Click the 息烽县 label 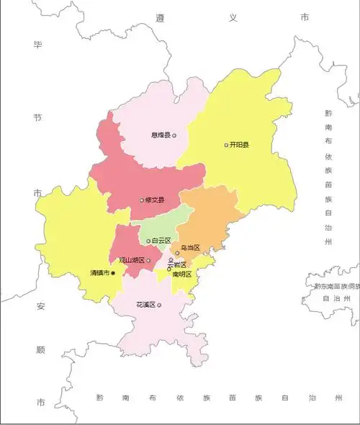(160, 135)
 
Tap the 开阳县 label (239, 145)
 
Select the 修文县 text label (155, 200)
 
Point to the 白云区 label (161, 241)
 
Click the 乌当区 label (190, 248)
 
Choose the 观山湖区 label (132, 260)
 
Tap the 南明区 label (182, 274)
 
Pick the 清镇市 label (99, 273)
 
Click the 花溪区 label (145, 305)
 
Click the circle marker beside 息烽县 (174, 135)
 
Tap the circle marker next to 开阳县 (226, 145)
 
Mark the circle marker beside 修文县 (142, 200)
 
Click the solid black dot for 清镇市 (113, 273)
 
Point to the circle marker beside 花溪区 (159, 305)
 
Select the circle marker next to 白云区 (148, 241)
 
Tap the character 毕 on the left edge (37, 45)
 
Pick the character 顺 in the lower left (40, 351)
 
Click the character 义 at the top (233, 17)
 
